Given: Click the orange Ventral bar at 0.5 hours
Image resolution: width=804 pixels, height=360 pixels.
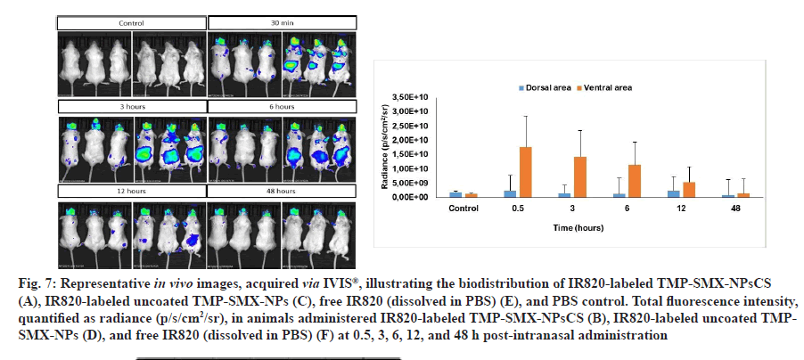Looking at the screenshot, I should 525,172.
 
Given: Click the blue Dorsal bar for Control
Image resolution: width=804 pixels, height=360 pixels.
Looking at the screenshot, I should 455,193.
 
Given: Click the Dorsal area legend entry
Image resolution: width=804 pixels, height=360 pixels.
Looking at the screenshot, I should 545,87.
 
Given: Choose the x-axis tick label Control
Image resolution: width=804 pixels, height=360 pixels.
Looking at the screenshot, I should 462,209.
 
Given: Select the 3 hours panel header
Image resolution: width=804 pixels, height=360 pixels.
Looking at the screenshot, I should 131,107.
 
